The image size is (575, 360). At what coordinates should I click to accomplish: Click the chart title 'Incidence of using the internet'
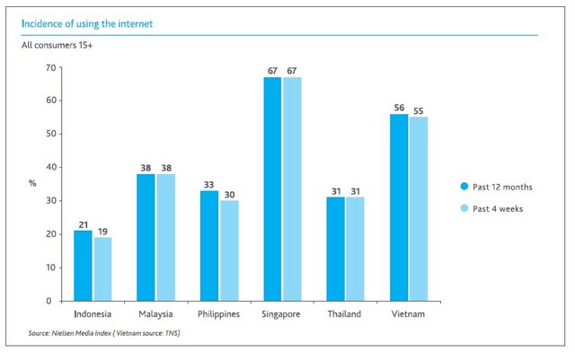86,23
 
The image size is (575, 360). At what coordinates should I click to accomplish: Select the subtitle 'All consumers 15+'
57,43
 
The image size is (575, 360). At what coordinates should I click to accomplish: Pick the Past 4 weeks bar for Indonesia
103,269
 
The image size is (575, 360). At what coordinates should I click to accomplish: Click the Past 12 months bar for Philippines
208,246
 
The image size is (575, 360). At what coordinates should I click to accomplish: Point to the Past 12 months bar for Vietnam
399,207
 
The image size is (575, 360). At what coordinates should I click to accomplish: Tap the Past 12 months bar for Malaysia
146,237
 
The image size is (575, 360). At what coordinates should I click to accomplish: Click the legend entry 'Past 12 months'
495,187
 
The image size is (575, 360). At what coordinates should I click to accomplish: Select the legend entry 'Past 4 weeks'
492,207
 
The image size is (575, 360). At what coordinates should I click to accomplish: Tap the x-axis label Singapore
281,314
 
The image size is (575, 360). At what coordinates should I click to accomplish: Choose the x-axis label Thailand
345,314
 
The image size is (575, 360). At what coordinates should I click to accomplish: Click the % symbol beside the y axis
32,183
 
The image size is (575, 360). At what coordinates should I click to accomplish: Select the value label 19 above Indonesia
103,231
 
